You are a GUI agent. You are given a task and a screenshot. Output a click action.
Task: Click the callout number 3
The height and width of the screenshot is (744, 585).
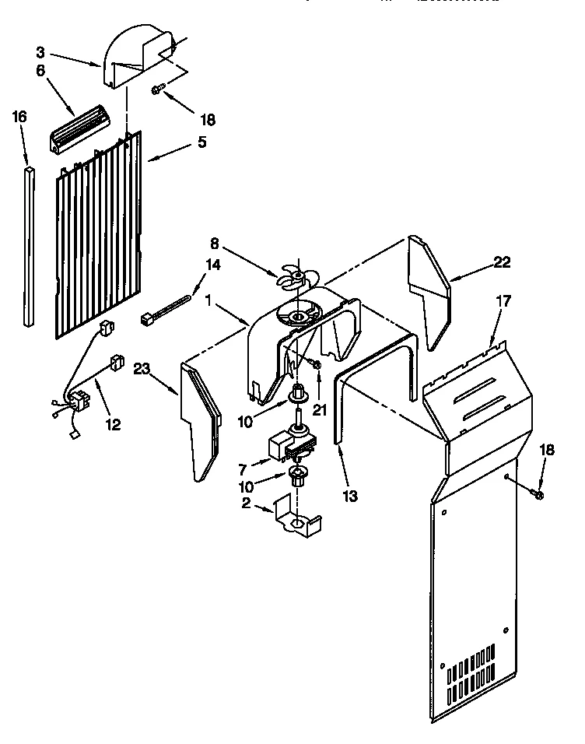40,52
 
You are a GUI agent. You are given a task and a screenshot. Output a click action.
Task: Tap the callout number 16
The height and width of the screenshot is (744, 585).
19,117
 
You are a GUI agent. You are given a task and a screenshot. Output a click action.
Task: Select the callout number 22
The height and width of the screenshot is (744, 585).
502,261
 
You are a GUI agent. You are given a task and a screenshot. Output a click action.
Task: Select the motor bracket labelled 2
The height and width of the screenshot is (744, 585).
296,521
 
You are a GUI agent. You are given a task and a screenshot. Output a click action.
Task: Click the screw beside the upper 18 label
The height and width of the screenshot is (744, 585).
157,91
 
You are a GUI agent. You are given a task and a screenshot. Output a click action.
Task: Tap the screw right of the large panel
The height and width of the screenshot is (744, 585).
537,493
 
